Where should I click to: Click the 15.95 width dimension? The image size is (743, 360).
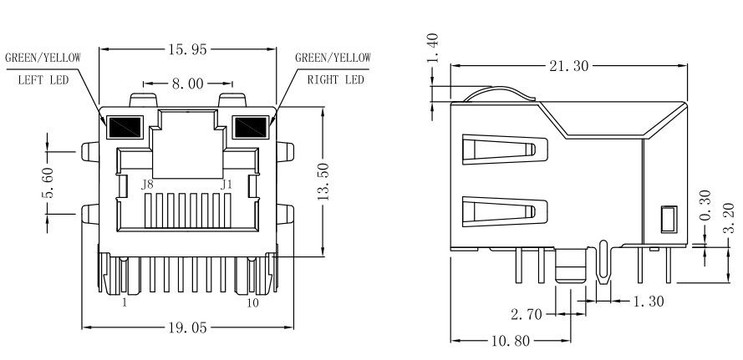click(188, 50)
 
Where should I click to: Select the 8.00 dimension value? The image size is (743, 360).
click(188, 84)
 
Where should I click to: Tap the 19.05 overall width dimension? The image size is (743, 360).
click(188, 327)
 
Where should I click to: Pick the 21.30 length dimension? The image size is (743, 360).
click(568, 66)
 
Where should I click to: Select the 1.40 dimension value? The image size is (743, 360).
click(432, 48)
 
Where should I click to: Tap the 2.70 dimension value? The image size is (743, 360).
click(527, 314)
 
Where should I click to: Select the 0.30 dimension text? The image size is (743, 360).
click(705, 206)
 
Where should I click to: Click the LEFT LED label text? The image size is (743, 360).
click(43, 80)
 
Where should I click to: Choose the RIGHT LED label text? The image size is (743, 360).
click(333, 80)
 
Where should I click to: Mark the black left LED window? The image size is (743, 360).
click(125, 126)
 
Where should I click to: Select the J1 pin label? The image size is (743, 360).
click(226, 184)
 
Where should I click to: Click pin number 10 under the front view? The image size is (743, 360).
click(253, 303)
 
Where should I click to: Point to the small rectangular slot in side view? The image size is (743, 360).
click(667, 220)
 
